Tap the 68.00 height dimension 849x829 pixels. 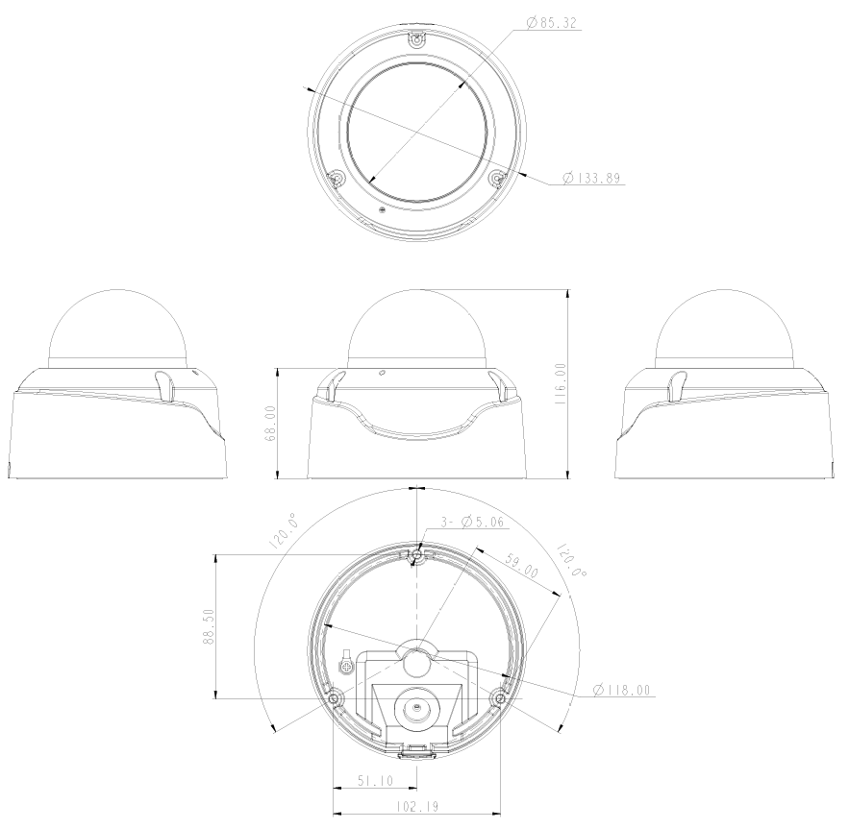coord(271,423)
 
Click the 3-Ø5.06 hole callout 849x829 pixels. coord(469,523)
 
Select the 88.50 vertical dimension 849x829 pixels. coord(209,626)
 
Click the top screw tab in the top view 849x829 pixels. coord(416,39)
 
